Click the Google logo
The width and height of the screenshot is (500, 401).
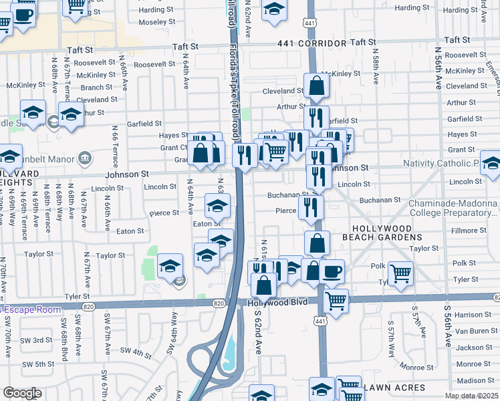22,393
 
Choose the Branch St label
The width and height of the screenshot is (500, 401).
97,88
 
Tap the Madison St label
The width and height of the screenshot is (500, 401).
476,381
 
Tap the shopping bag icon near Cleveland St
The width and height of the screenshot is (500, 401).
316,86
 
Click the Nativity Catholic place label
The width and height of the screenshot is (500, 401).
441,164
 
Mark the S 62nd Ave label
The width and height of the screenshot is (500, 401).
257,338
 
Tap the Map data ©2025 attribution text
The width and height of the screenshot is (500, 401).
471,396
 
